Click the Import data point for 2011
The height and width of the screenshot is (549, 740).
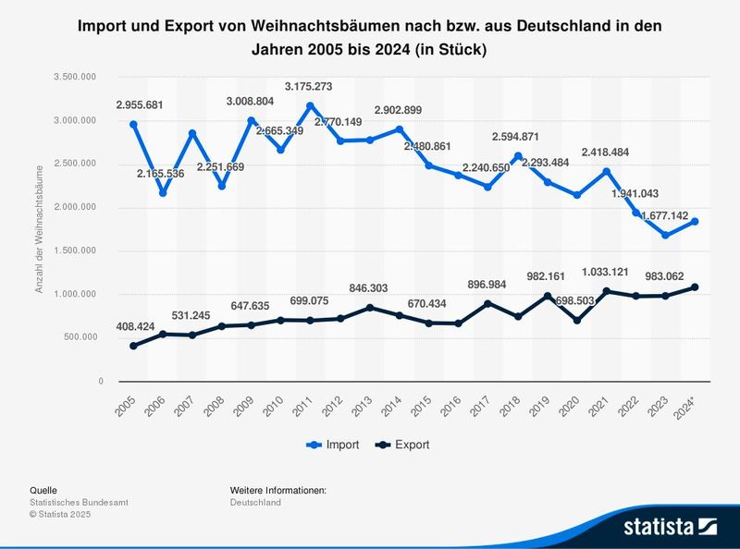(x=310, y=106)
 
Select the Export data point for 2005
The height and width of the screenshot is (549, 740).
(x=134, y=346)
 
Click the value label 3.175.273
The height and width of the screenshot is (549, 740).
(x=310, y=87)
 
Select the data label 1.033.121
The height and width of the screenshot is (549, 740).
(x=606, y=272)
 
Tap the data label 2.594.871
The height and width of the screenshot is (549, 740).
(x=517, y=137)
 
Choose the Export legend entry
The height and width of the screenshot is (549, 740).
(x=403, y=445)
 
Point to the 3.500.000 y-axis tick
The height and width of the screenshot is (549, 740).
(x=80, y=77)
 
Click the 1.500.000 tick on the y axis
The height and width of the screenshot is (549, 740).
(x=80, y=250)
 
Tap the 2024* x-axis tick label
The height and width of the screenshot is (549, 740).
(x=688, y=404)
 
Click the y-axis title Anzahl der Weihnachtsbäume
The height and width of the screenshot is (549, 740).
(x=40, y=228)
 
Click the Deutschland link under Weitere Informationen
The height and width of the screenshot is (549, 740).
(x=255, y=502)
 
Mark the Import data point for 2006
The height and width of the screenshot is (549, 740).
(x=163, y=193)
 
